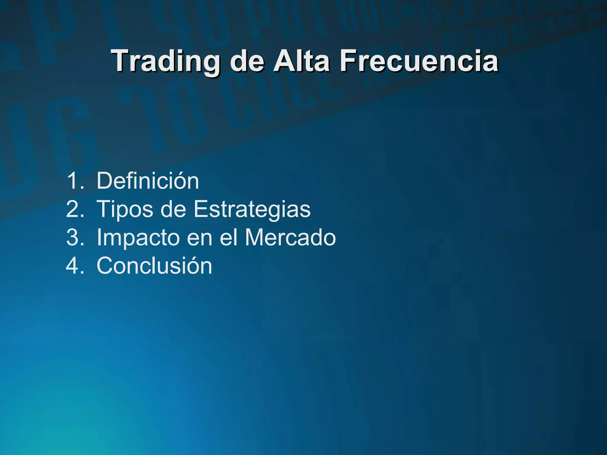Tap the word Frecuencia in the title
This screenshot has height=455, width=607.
(x=419, y=61)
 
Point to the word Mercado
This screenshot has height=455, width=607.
(x=290, y=237)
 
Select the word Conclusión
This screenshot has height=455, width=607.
(x=154, y=266)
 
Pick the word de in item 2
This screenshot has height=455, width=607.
(x=173, y=209)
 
